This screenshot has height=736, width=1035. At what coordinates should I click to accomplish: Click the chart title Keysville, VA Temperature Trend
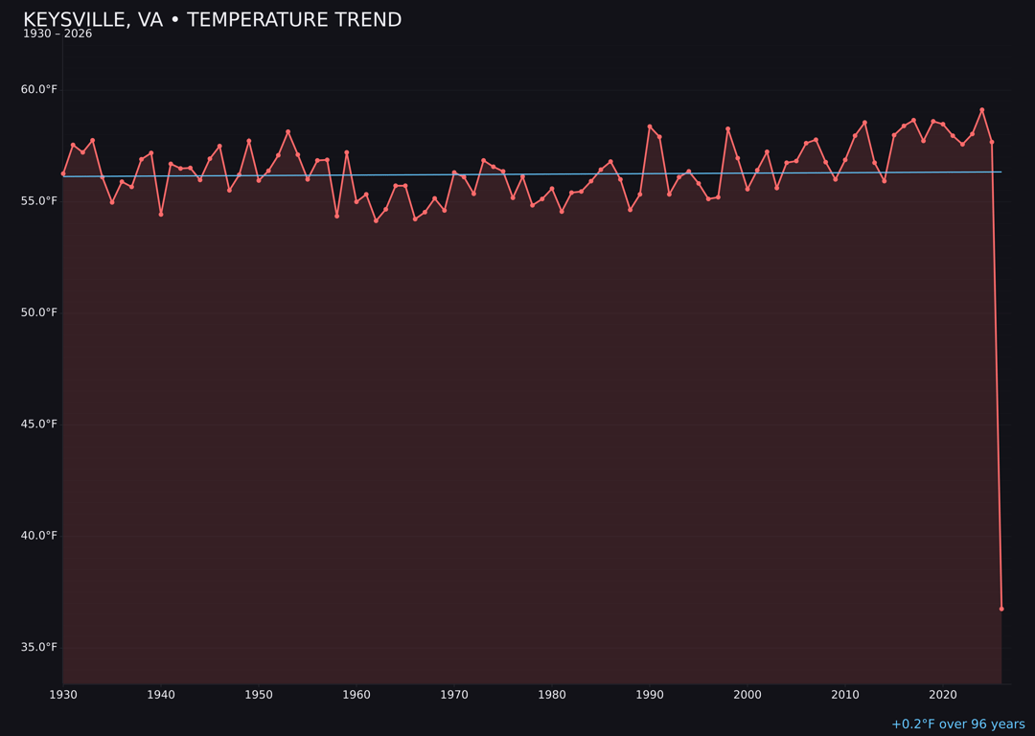212,20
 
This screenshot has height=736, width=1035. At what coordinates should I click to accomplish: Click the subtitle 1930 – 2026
57,34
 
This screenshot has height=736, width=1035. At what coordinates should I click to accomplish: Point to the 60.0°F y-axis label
39,89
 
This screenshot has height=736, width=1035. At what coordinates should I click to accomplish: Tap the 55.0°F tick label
39,201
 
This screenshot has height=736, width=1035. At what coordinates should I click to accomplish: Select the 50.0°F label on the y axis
39,312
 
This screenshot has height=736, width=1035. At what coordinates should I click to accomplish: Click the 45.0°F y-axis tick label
39,424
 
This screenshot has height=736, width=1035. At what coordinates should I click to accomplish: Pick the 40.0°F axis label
39,536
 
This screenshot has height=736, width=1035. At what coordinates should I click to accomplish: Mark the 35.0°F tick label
39,647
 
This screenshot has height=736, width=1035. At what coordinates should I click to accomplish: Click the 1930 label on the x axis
63,695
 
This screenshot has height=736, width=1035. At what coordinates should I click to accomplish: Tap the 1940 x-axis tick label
161,695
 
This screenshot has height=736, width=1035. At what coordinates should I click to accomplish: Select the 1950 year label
259,695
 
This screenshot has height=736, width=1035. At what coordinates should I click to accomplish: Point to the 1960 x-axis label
356,695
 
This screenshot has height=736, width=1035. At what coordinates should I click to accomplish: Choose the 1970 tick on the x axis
454,695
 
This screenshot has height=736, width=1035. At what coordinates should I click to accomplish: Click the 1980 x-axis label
552,695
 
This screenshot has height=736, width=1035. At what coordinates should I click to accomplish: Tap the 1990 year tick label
650,695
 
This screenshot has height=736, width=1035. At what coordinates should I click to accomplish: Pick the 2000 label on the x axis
747,695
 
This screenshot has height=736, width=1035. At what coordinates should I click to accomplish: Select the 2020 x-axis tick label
943,695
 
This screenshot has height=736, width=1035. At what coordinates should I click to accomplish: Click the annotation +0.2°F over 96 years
957,724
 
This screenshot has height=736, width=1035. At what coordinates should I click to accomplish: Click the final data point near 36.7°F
1001,609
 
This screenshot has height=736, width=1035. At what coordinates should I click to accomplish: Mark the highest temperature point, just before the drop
982,110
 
